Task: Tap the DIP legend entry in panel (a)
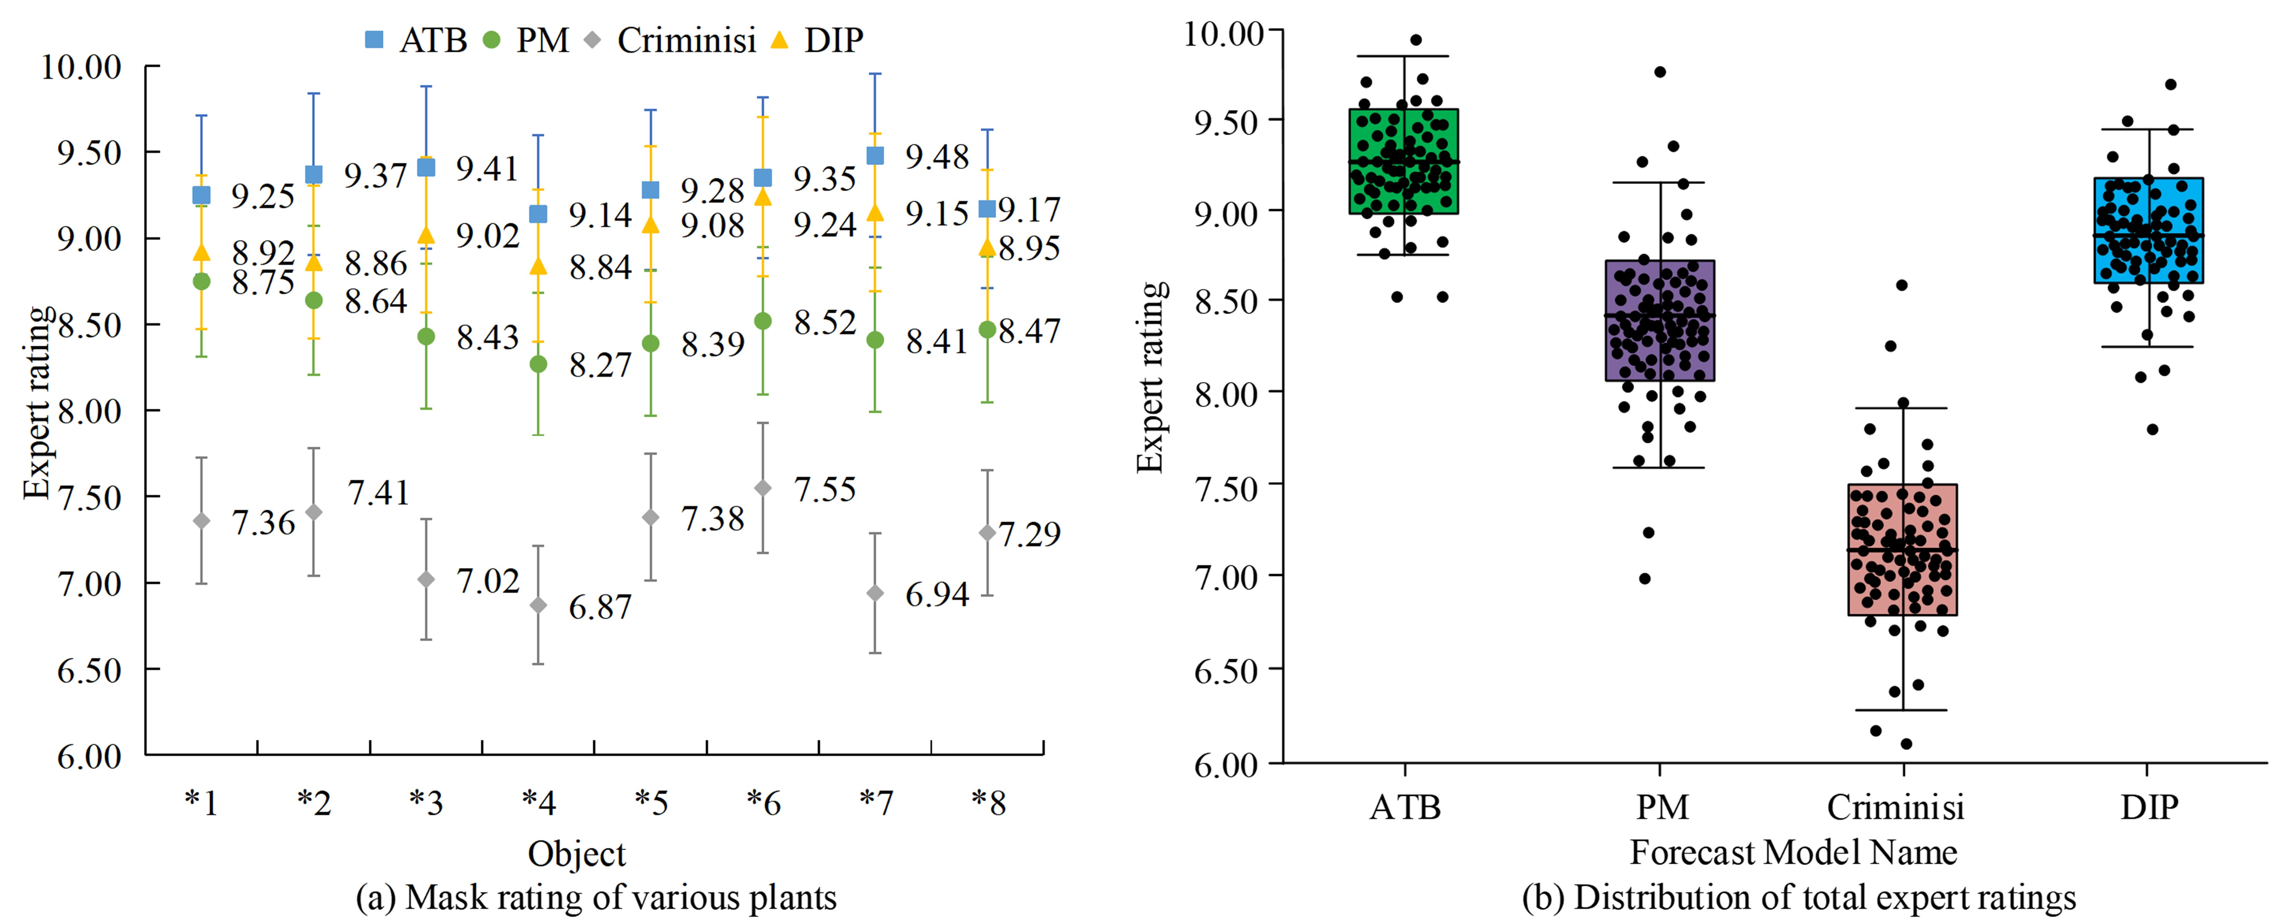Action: point(818,39)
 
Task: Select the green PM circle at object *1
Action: point(202,281)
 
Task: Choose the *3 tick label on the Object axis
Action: point(426,803)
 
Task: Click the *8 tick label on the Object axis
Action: point(988,803)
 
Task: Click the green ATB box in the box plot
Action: point(1403,161)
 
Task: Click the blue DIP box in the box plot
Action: point(2148,230)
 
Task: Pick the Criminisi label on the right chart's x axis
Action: point(1895,807)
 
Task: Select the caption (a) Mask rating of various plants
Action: point(596,897)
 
